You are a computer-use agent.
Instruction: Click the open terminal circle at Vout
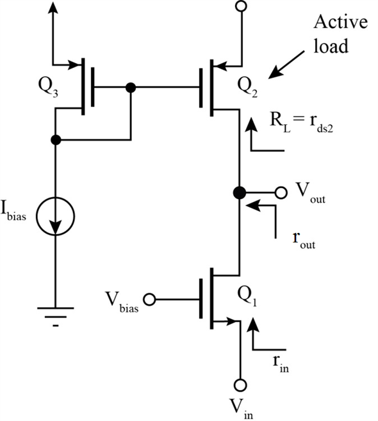pos(280,192)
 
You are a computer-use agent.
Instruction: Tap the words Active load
pos(340,36)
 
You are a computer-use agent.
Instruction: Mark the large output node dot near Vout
pos(240,192)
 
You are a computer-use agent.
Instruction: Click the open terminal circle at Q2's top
pos(240,7)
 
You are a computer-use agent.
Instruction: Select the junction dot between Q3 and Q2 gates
pos(131,88)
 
